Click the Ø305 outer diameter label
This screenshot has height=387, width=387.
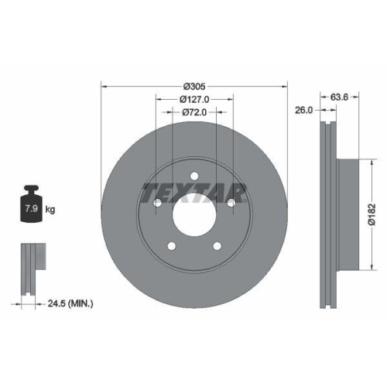(193, 87)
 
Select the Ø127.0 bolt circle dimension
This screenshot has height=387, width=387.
(194, 99)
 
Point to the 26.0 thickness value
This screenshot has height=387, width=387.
(304, 111)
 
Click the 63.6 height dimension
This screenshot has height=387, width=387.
(337, 98)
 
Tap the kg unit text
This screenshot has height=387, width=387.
(50, 209)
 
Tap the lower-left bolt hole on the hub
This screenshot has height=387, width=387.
(172, 246)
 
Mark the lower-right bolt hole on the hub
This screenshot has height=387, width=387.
(217, 246)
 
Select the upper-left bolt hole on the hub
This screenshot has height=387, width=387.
(158, 202)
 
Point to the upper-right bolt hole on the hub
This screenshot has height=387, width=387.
(231, 202)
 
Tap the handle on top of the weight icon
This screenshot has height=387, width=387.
(32, 188)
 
